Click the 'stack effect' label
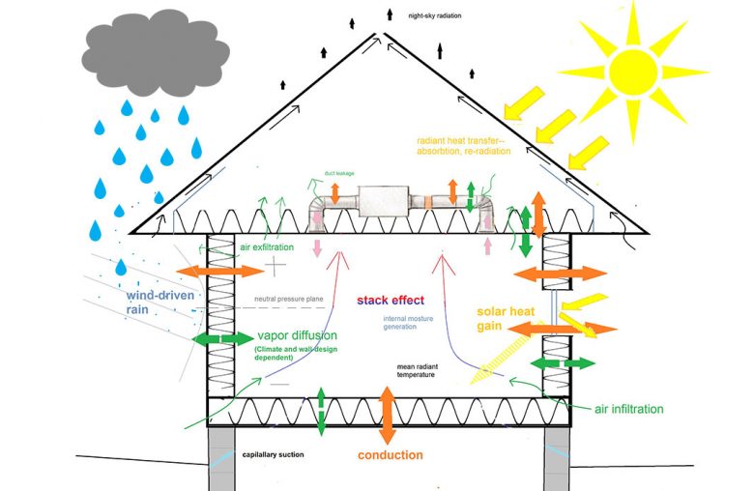coord(391,301)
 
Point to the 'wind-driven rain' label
coord(157,301)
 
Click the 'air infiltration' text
coord(628,409)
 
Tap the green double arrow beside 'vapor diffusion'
coord(222,339)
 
